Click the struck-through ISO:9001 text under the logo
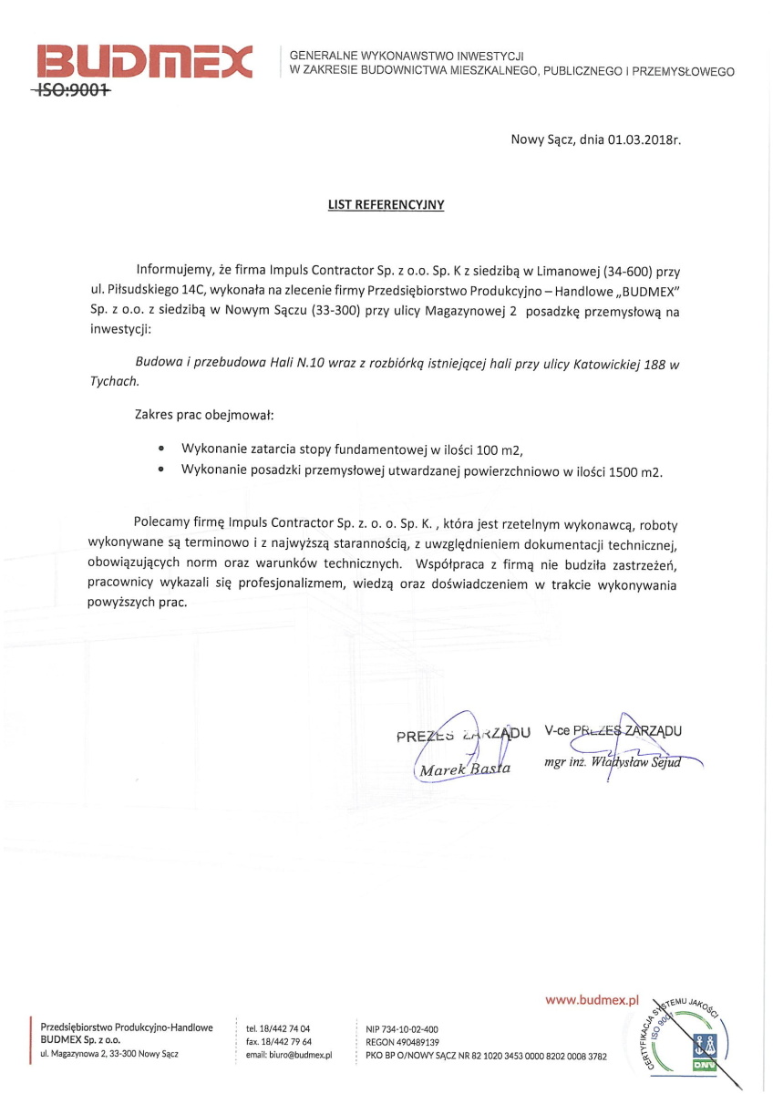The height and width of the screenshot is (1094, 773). [x=71, y=91]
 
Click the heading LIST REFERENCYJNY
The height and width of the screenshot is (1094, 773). [x=386, y=205]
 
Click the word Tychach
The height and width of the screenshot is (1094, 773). [x=114, y=381]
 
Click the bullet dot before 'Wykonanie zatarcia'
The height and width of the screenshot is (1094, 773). [x=161, y=449]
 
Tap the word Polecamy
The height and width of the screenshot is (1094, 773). [x=160, y=524]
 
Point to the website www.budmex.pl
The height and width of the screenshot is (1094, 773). [x=593, y=1000]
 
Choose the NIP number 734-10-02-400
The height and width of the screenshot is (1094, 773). [x=414, y=1028]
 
